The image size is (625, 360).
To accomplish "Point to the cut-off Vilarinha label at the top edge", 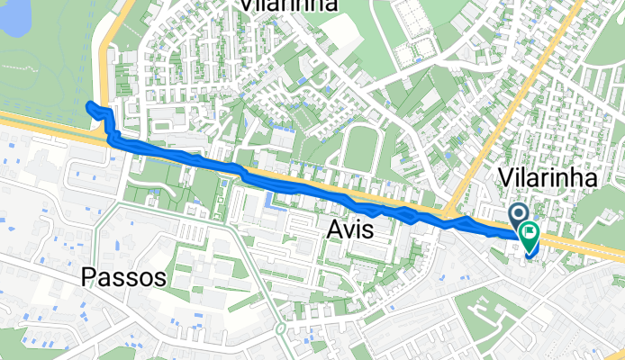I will [288, 5].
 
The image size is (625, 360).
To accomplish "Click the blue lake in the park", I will [16, 18].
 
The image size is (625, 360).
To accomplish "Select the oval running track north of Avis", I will [359, 148].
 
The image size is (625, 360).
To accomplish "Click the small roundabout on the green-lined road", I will [281, 329].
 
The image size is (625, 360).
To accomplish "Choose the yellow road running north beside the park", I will [106, 54].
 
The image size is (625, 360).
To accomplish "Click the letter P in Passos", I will [88, 277].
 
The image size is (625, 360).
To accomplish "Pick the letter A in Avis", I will [331, 230].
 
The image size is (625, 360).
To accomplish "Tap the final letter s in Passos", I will [159, 278].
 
